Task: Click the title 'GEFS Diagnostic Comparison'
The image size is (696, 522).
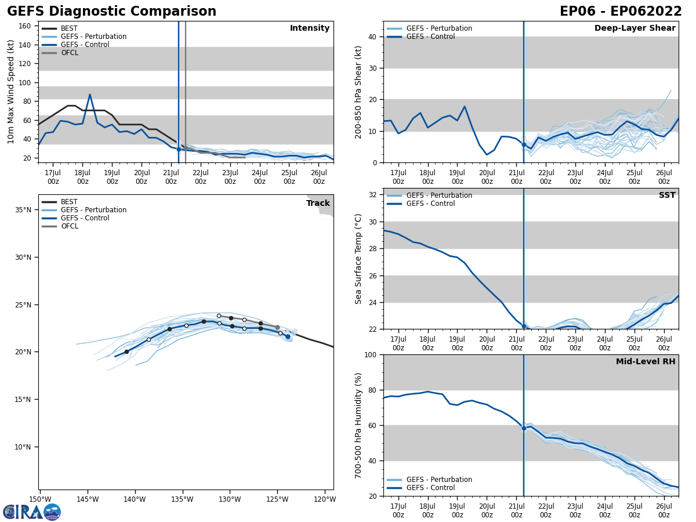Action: [x=111, y=12]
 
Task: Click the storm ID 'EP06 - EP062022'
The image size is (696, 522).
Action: [x=620, y=12]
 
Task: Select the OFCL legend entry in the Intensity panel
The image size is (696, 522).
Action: [x=69, y=53]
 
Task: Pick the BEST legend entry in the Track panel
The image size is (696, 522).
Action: [x=69, y=202]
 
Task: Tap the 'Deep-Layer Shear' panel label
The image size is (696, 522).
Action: [x=635, y=28]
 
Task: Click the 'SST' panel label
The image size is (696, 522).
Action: [x=666, y=195]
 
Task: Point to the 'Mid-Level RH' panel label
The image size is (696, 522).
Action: [x=645, y=362]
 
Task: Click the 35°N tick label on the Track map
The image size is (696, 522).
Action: [x=24, y=210]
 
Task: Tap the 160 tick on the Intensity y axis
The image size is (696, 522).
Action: [x=25, y=26]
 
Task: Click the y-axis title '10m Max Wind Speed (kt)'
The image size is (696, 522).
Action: [x=10, y=92]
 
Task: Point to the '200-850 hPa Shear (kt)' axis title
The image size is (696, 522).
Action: [x=358, y=92]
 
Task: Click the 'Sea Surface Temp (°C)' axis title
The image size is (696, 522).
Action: [x=358, y=259]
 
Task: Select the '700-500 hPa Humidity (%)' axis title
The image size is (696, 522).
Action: [x=358, y=425]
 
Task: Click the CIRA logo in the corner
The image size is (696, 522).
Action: [x=32, y=512]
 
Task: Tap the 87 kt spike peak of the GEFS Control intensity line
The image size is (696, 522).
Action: [x=90, y=95]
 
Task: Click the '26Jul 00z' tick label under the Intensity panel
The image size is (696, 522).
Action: [x=318, y=177]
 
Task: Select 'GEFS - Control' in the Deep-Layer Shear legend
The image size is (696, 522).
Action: [x=430, y=37]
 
